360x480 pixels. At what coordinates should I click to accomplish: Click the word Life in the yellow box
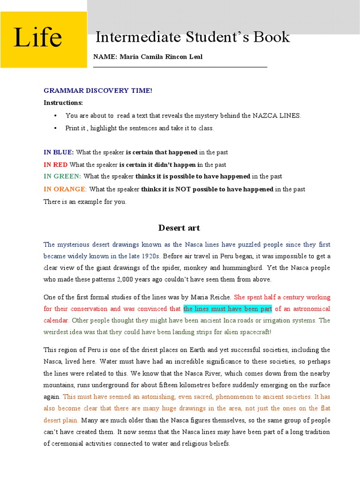37,38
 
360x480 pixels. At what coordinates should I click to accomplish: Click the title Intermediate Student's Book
192,37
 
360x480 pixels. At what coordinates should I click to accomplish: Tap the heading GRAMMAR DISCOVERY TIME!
98,90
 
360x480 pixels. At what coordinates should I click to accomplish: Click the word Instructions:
63,103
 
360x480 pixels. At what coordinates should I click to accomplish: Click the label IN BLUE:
59,152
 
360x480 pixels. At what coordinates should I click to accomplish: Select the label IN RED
55,165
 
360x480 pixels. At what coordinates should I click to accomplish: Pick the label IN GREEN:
62,177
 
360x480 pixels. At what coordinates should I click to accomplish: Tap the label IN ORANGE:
65,189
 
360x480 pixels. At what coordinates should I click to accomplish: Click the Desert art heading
179,228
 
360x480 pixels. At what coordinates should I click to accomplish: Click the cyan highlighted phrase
227,309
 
